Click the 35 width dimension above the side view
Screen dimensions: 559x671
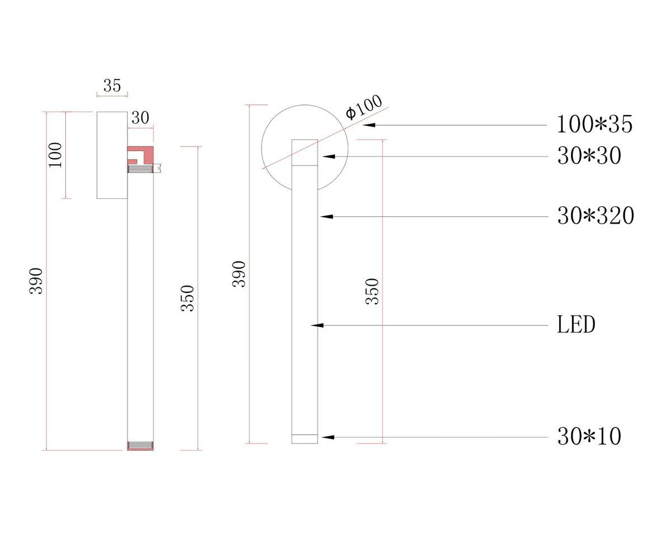[x=112, y=86]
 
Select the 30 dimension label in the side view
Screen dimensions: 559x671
[x=140, y=118]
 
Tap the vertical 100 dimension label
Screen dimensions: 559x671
[x=55, y=155]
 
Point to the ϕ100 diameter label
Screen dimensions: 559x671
[x=363, y=106]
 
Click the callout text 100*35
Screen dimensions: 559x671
[x=594, y=124]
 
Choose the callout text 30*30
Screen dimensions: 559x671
[x=589, y=156]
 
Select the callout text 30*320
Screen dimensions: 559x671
[x=596, y=216]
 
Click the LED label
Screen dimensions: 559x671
[x=576, y=325]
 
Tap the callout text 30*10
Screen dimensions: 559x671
[x=589, y=437]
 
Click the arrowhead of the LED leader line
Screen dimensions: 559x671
[x=316, y=325]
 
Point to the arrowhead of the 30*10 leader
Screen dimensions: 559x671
[x=327, y=437]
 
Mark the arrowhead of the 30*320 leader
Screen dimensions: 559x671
[x=326, y=216]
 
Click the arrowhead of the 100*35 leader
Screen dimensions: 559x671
[x=368, y=125]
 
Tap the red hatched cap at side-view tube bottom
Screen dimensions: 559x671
[x=140, y=446]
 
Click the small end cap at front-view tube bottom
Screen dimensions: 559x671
[x=305, y=439]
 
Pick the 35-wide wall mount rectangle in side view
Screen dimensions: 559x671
[x=112, y=155]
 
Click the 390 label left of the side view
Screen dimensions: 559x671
[x=36, y=281]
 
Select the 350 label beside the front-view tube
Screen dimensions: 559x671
[x=372, y=291]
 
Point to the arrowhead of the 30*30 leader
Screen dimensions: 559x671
[x=328, y=157]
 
